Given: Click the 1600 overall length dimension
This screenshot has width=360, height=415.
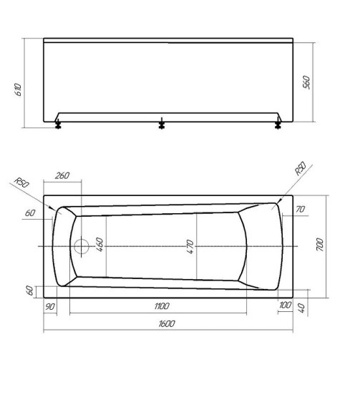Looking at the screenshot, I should (x=166, y=323).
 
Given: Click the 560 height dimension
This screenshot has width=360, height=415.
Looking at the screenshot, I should (x=307, y=82).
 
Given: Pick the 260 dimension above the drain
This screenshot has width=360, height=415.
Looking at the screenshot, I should (x=62, y=176).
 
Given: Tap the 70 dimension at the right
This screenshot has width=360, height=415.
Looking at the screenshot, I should (x=300, y=209).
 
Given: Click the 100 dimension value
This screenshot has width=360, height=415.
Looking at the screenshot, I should (x=287, y=306).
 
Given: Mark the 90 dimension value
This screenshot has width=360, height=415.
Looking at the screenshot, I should (x=51, y=306).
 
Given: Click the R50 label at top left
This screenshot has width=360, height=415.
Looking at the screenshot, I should (x=21, y=184).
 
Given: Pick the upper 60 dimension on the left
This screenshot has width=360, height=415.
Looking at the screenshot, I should (x=29, y=213).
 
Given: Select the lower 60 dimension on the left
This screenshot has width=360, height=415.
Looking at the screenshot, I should (x=29, y=290).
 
